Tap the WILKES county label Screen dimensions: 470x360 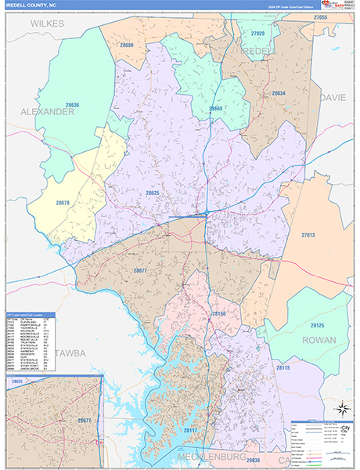pos(48,24)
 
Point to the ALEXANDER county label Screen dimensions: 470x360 pos(41,112)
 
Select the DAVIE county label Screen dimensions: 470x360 pos(332,98)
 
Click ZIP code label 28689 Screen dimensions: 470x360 pos(127,46)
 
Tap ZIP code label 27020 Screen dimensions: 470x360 pos(258,34)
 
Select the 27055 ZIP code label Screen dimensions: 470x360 pos(319,17)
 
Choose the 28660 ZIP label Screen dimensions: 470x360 pos(215,108)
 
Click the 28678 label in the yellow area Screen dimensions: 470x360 pos(63,203)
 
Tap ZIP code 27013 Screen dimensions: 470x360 pos(307,234)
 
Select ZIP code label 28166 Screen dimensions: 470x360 pos(218,313)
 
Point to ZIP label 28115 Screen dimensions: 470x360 pos(283,367)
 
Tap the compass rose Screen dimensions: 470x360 pos(341,408)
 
